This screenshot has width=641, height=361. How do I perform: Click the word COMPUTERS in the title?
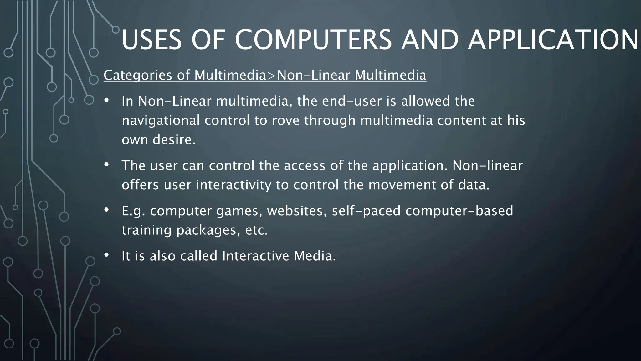pos(313,40)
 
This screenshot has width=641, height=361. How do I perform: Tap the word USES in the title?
pos(151,40)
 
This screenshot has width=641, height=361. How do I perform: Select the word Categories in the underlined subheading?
pos(138,75)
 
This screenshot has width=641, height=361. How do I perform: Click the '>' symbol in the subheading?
pos(271,76)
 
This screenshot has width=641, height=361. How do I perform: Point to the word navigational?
pos(161,121)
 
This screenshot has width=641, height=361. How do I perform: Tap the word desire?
pos(174,140)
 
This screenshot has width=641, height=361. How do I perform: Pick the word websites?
pos(297,211)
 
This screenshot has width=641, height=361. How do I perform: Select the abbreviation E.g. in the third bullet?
pos(133,211)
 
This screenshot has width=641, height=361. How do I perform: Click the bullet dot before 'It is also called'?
pos(106,255)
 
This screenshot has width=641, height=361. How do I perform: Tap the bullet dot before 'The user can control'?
pos(106,165)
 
